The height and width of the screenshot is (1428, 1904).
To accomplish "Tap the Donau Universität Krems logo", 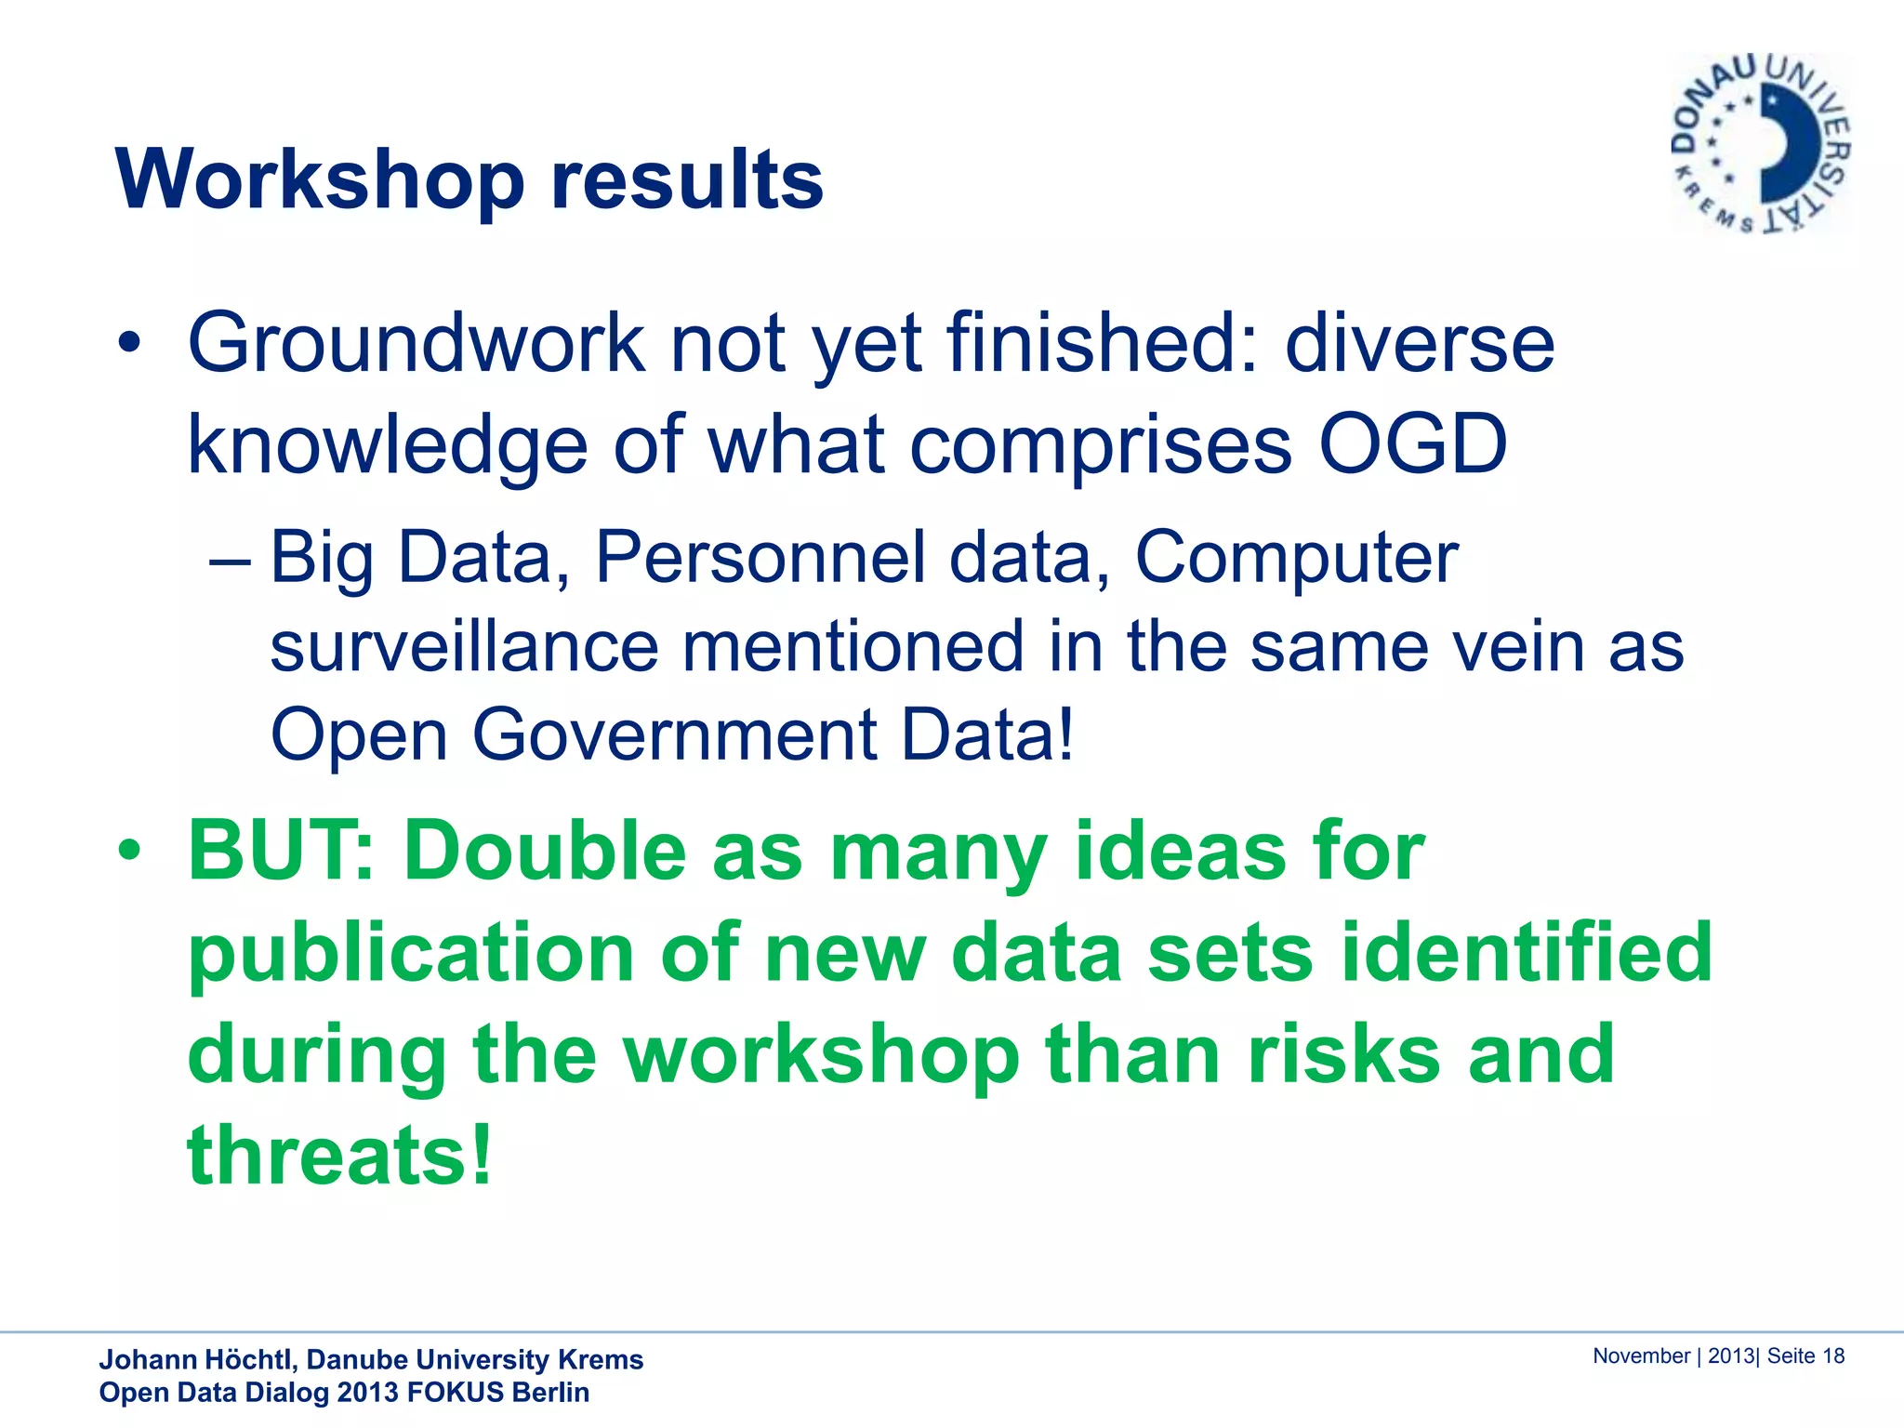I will click(1761, 144).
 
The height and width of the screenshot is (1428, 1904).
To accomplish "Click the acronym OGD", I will click(1412, 444).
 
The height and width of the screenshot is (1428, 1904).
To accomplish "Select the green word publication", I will click(411, 955).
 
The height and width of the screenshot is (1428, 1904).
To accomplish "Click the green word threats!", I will click(339, 1156).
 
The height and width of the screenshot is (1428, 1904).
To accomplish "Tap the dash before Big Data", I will click(230, 562).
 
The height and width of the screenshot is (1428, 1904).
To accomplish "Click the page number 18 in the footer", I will click(1832, 1356).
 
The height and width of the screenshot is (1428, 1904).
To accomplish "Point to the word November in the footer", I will click(1641, 1356).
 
